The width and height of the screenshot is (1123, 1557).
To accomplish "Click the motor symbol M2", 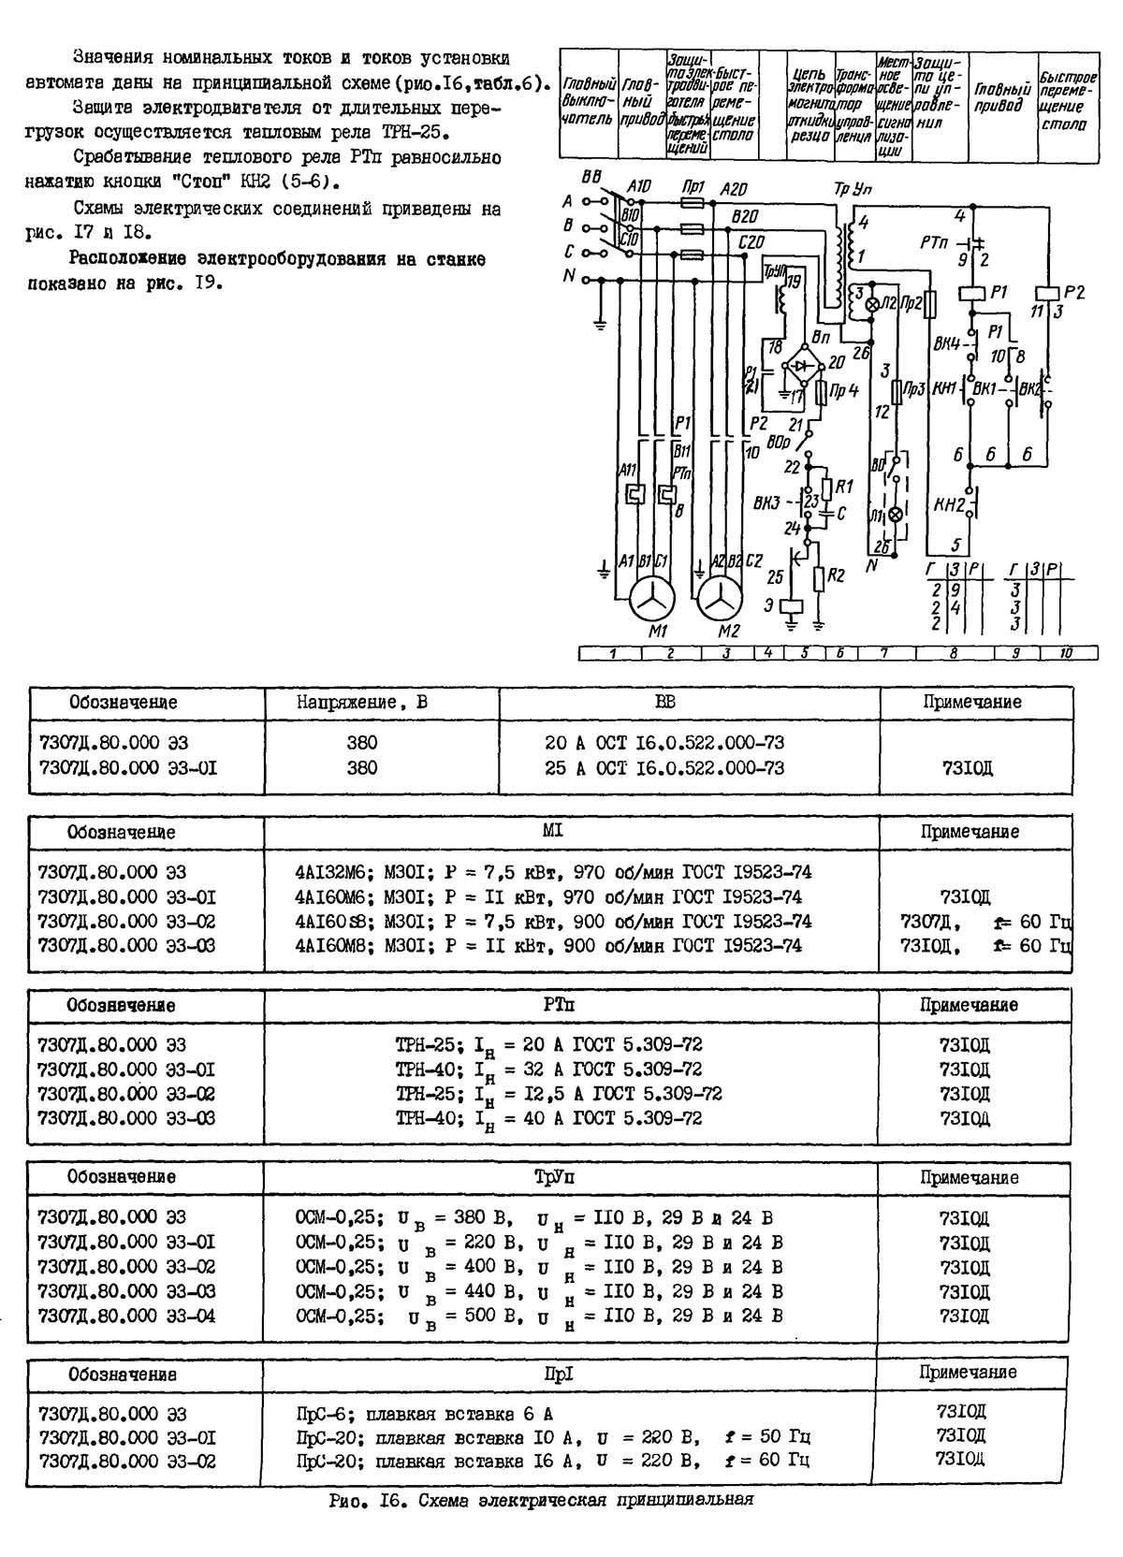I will click(720, 599).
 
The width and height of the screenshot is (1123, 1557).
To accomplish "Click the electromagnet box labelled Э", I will click(792, 605).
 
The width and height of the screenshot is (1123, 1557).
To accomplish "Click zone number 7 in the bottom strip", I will click(882, 654).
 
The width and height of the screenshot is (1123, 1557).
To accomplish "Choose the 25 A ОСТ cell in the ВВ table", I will click(664, 768).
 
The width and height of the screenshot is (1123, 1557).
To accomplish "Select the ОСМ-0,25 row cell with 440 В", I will click(538, 1292).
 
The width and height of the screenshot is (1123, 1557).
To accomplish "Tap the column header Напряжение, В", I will click(362, 702).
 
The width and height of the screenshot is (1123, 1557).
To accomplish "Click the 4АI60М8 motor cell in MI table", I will click(548, 946).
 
